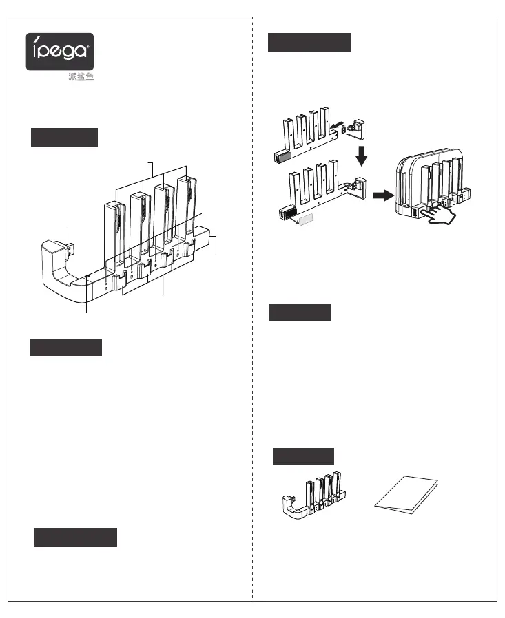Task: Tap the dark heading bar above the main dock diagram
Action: click(64, 137)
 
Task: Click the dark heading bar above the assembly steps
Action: click(309, 43)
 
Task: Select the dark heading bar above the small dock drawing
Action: click(303, 456)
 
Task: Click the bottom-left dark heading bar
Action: click(75, 537)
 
